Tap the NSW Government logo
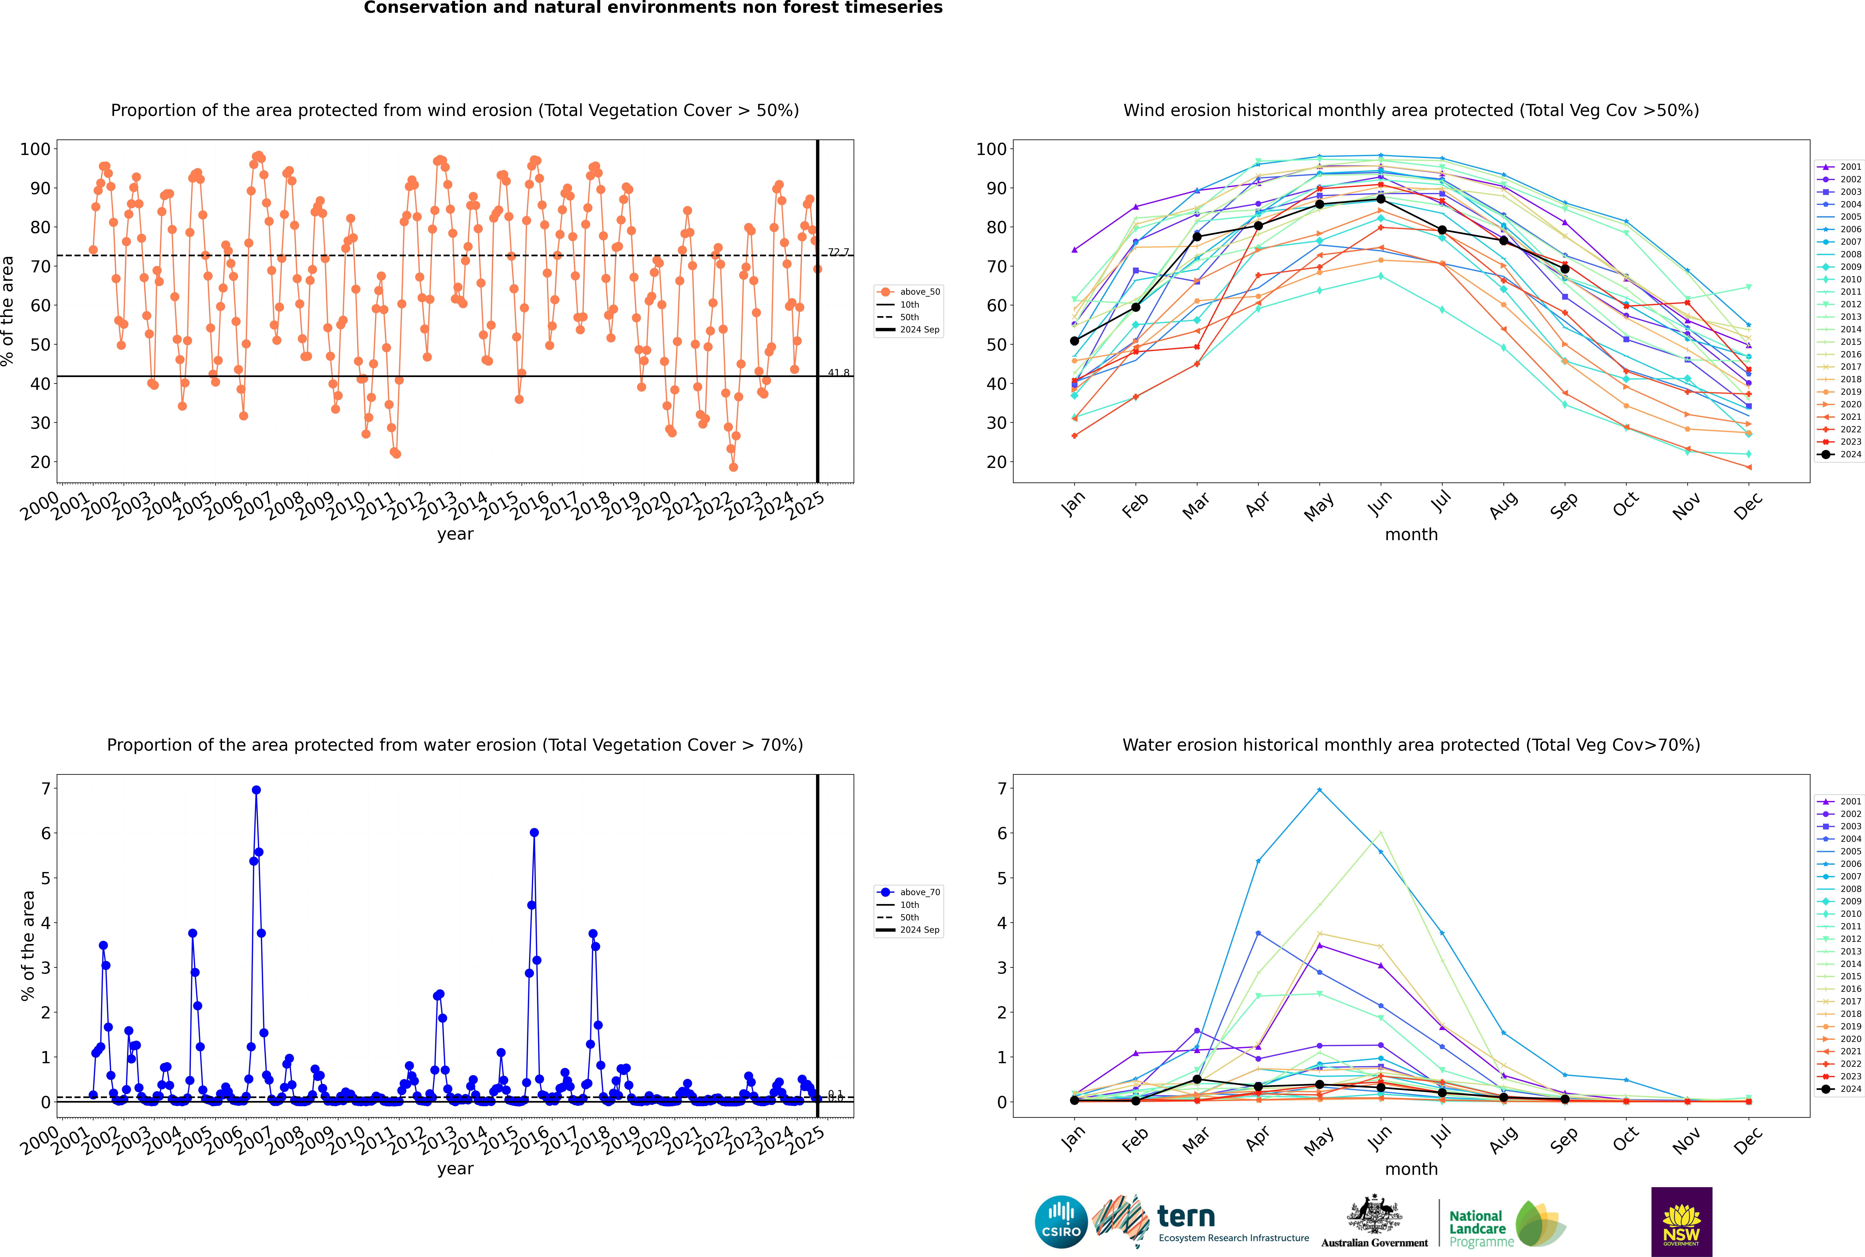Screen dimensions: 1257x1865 click(1681, 1221)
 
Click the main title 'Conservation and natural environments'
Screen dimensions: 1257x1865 click(653, 8)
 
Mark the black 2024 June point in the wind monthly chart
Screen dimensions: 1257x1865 click(1380, 199)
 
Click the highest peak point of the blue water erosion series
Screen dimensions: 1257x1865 click(256, 790)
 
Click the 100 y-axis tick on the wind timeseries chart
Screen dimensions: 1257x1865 click(35, 149)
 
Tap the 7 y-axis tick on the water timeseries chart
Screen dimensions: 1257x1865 click(46, 789)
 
